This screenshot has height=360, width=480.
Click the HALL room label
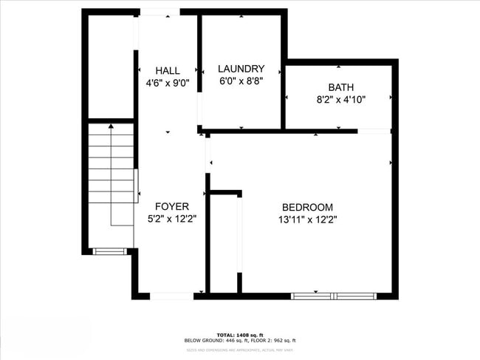(x=168, y=70)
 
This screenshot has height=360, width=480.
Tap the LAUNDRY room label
(x=241, y=69)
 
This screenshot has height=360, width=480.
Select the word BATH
(x=341, y=86)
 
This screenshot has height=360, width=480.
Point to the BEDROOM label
(x=307, y=208)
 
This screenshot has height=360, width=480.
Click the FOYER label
(x=172, y=206)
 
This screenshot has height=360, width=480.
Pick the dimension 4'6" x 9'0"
(x=168, y=83)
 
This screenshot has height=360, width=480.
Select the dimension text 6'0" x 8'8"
(x=241, y=81)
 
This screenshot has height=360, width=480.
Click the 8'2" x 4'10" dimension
(x=341, y=99)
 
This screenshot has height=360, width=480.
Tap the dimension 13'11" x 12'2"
(x=307, y=220)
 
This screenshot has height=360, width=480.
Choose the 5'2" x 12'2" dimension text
(x=172, y=219)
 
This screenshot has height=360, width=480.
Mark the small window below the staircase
(x=109, y=251)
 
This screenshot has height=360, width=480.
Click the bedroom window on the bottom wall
(x=335, y=296)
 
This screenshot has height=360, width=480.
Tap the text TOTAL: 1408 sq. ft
(x=240, y=334)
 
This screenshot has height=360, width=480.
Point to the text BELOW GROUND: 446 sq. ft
(x=215, y=341)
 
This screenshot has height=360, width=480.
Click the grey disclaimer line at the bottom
(x=240, y=348)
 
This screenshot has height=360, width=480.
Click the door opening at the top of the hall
(x=159, y=12)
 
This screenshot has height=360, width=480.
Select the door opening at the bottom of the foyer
(x=171, y=296)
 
